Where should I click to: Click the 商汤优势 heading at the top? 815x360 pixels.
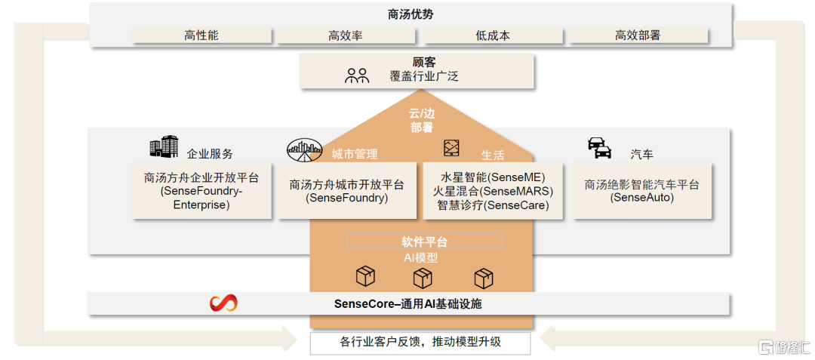click(411, 14)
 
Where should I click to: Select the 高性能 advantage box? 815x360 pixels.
click(201, 35)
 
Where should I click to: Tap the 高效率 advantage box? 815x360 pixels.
click(346, 35)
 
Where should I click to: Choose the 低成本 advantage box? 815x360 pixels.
click(493, 35)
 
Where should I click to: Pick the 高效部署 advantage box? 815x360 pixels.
click(638, 35)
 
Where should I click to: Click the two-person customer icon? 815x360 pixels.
click(357, 75)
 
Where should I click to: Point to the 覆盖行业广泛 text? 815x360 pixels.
click(424, 75)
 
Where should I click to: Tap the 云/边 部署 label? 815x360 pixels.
click(422, 120)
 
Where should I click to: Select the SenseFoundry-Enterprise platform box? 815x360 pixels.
click(201, 191)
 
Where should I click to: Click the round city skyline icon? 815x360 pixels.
click(304, 150)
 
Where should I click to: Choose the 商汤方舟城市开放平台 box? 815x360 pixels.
click(347, 191)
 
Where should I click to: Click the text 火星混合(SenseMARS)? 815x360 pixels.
click(493, 191)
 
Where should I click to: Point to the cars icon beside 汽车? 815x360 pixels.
click(600, 148)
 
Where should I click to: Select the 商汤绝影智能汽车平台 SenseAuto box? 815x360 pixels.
click(642, 191)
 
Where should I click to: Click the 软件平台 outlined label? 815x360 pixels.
click(425, 242)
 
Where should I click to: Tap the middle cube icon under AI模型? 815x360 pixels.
click(423, 277)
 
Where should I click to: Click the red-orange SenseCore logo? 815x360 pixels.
click(223, 304)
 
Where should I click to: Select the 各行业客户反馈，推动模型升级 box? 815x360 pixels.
click(420, 343)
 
